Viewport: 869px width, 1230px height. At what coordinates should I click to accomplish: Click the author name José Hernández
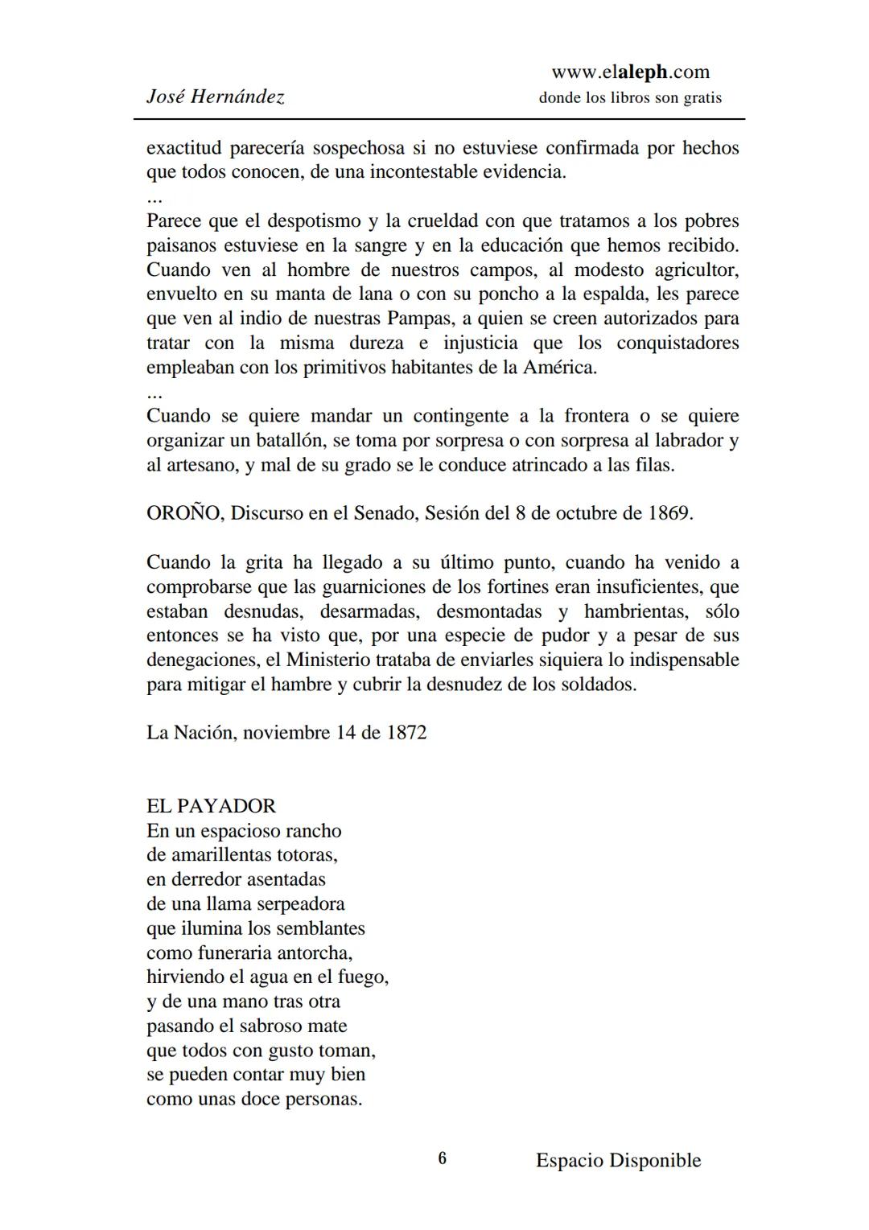[x=215, y=97]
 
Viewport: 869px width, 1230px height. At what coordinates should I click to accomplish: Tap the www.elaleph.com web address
[x=630, y=72]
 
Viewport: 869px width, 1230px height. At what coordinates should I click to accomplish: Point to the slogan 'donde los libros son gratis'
[x=630, y=98]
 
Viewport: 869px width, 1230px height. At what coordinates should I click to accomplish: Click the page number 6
[x=442, y=1158]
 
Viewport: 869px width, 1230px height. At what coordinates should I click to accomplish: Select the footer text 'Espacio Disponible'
[x=618, y=1160]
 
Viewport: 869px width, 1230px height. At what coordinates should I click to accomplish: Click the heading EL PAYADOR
[x=211, y=806]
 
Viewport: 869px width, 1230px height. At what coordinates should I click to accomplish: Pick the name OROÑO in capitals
[x=183, y=513]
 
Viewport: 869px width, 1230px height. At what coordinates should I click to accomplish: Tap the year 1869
[x=669, y=513]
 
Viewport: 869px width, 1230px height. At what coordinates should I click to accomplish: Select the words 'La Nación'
[x=192, y=733]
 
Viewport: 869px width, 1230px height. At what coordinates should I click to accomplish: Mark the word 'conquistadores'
[x=677, y=343]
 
